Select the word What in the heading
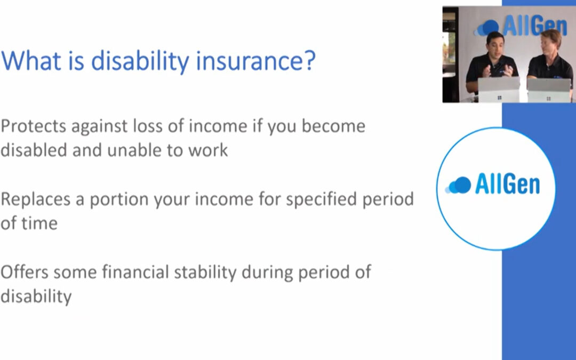(31, 60)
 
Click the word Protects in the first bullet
(34, 126)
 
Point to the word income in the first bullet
(218, 126)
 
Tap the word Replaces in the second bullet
(35, 199)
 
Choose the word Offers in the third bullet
(25, 272)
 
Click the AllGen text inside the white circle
(507, 184)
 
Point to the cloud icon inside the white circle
(458, 185)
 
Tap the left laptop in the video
(499, 89)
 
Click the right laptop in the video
(549, 90)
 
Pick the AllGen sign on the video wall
(521, 26)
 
